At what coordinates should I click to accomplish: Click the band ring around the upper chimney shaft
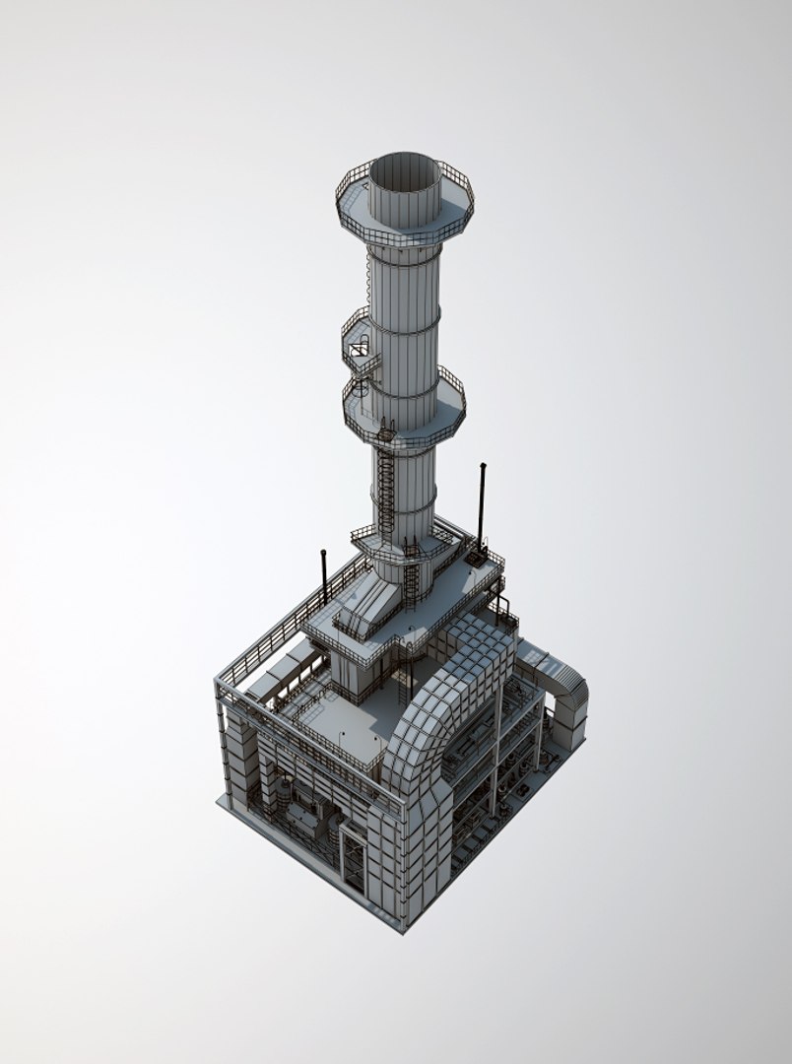[x=404, y=318]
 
